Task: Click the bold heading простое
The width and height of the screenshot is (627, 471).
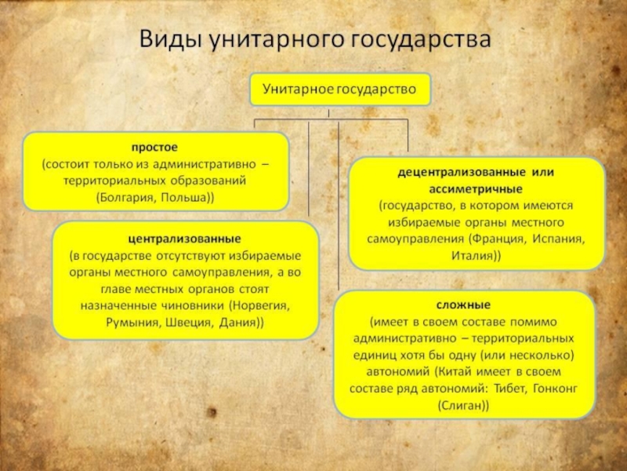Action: [x=154, y=148]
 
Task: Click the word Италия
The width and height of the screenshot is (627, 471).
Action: [x=473, y=256]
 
